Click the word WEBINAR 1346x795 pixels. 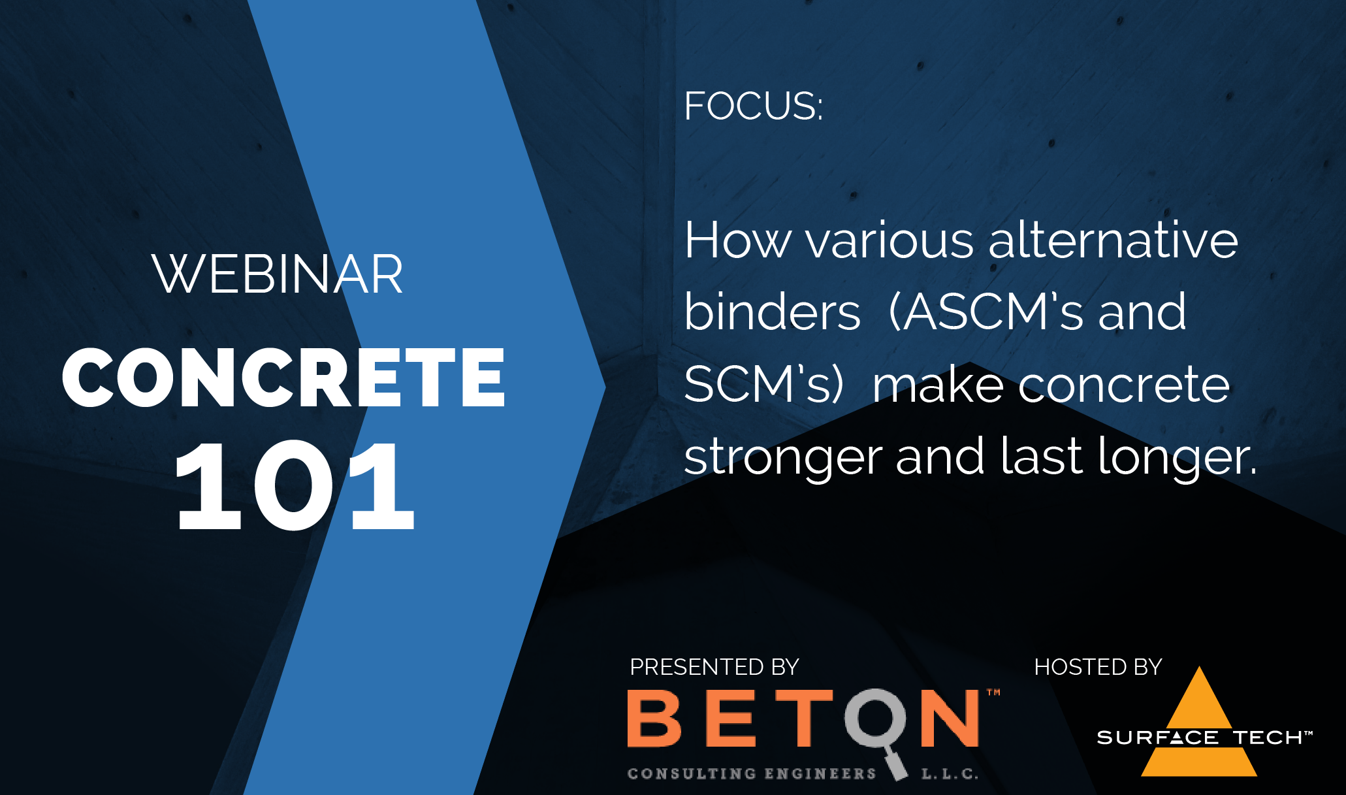click(278, 274)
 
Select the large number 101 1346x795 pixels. click(295, 485)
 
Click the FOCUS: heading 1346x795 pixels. click(753, 106)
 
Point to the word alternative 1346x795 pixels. click(1114, 240)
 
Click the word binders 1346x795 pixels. click(772, 312)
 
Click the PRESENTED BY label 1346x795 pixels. click(714, 667)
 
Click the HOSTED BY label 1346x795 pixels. click(1098, 667)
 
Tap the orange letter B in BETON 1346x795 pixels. click(654, 719)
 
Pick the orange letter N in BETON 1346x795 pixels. click(950, 719)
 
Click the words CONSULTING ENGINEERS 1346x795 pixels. click(752, 773)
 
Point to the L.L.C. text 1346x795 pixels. click(950, 774)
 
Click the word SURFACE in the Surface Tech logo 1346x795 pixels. click(1157, 738)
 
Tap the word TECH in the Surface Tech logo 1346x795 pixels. click(1268, 738)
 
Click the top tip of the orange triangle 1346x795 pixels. click(1199, 666)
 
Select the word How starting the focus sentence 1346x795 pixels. click(737, 240)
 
